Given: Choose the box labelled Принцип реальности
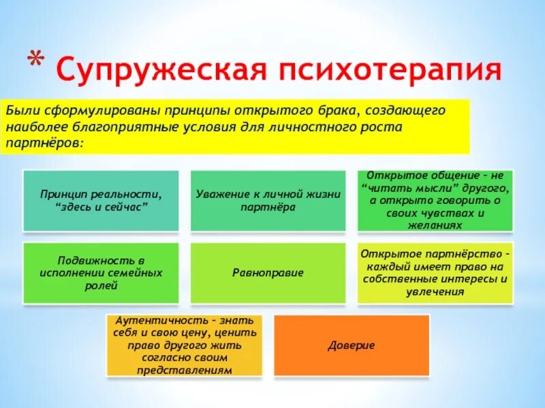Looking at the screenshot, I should coord(101,201).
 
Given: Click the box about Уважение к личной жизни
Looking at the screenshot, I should coord(268,201).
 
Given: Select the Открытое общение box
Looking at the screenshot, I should coord(435,201).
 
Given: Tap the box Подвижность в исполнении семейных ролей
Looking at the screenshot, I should coord(101,273).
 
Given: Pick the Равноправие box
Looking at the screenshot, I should coord(268,273).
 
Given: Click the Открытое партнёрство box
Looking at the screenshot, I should coord(435,273).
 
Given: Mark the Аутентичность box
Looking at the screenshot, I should coord(185,345).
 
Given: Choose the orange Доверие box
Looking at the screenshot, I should coord(352,345).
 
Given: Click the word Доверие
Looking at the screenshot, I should coord(352,345).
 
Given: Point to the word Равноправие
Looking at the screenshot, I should coord(268,273).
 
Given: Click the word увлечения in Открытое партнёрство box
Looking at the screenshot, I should coord(435,292).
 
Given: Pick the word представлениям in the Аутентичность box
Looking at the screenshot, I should coord(185,371).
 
